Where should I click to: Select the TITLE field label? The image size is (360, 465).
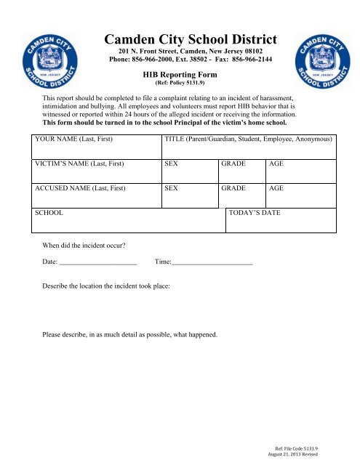pyautogui.click(x=249, y=138)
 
